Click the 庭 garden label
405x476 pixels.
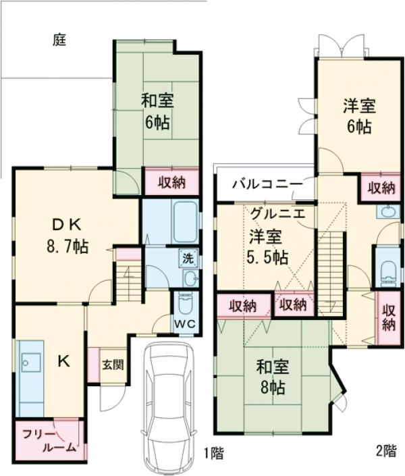tap(59, 41)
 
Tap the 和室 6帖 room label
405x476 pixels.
tap(157, 112)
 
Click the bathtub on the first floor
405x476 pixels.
tap(183, 221)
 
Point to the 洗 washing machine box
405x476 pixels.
tap(189, 257)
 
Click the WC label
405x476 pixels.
tap(186, 323)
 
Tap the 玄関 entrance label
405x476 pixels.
tap(113, 365)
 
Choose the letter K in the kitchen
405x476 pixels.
tap(63, 361)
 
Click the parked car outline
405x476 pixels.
tap(167, 404)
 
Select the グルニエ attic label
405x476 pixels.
tap(277, 214)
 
